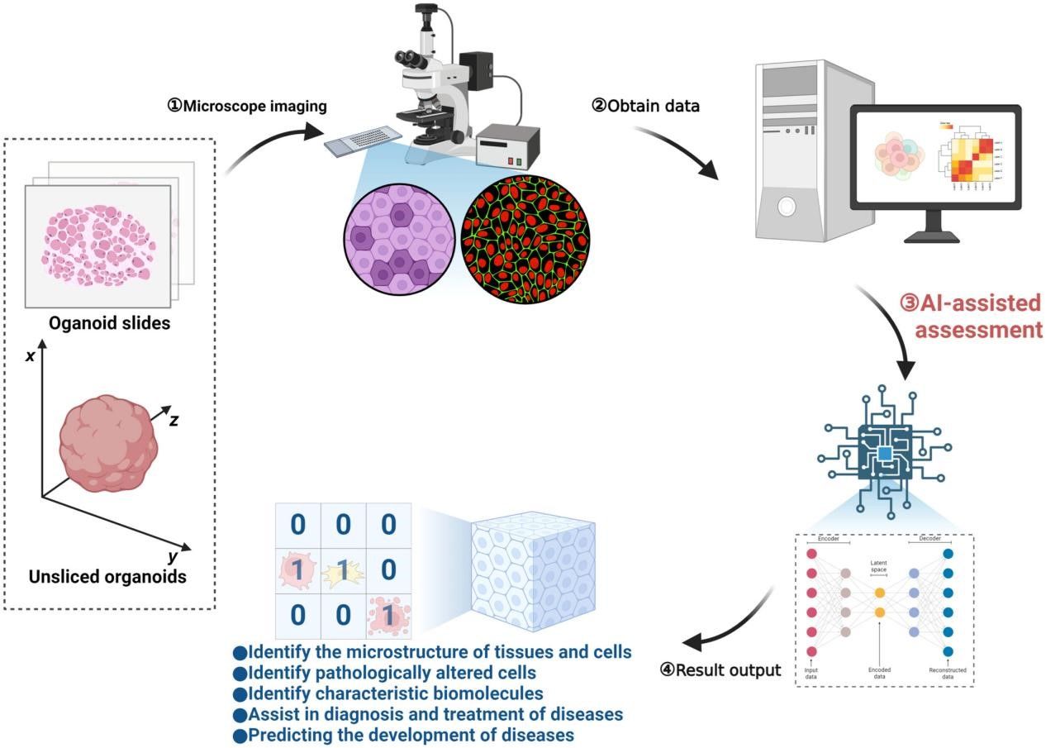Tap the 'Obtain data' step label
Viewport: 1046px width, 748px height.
coord(647,105)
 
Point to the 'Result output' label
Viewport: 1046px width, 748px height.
coord(720,669)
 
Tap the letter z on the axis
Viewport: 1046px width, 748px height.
coord(175,420)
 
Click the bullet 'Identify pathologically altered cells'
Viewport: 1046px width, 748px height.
coord(379,671)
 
